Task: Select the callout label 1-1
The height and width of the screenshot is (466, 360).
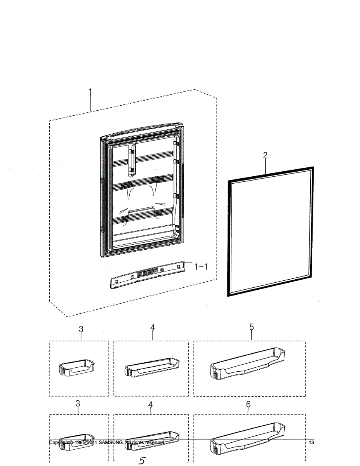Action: pyautogui.click(x=201, y=266)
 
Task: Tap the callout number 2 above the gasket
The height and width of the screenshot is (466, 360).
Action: pyautogui.click(x=265, y=155)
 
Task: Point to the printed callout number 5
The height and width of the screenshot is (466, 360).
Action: pyautogui.click(x=252, y=327)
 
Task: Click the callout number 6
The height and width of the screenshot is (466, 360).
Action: pyautogui.click(x=248, y=404)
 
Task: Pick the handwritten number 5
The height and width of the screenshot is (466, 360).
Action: pyautogui.click(x=142, y=461)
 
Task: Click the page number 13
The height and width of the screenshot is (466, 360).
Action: pyautogui.click(x=311, y=443)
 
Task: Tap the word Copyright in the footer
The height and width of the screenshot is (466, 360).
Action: pyautogui.click(x=59, y=443)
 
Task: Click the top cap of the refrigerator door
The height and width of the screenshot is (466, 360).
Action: pyautogui.click(x=142, y=131)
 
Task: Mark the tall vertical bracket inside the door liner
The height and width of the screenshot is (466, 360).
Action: pyautogui.click(x=131, y=159)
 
